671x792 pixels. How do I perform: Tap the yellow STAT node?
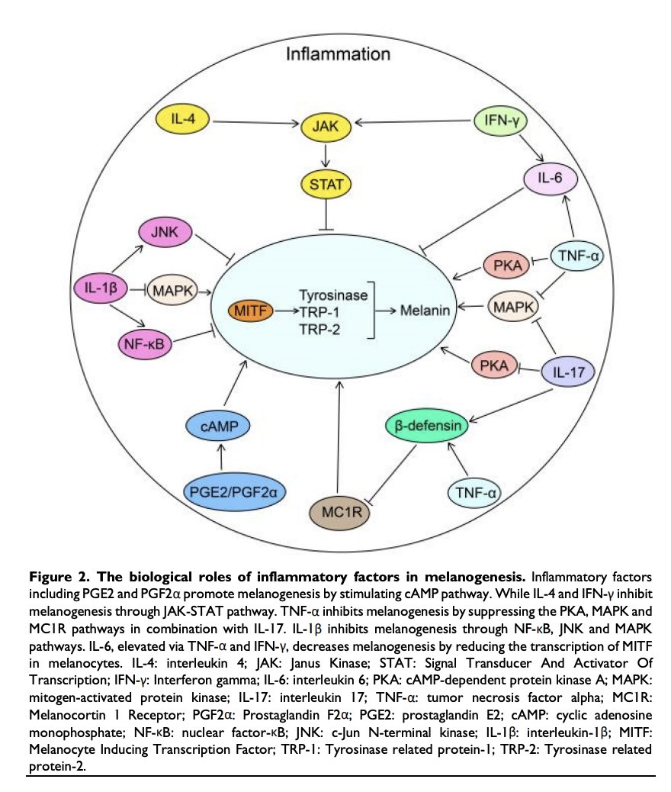pyautogui.click(x=326, y=182)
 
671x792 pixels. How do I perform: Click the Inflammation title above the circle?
pyautogui.click(x=339, y=54)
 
